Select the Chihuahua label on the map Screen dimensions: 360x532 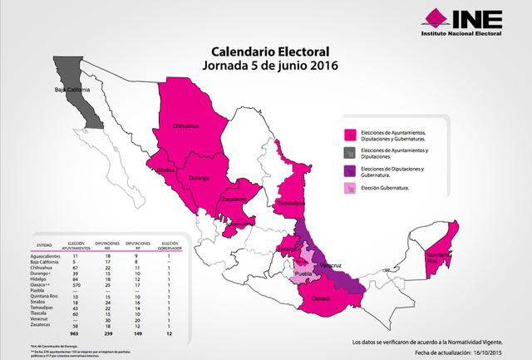[x=185, y=126]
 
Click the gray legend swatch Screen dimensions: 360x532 [x=352, y=152]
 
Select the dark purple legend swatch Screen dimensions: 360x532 [x=352, y=171]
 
